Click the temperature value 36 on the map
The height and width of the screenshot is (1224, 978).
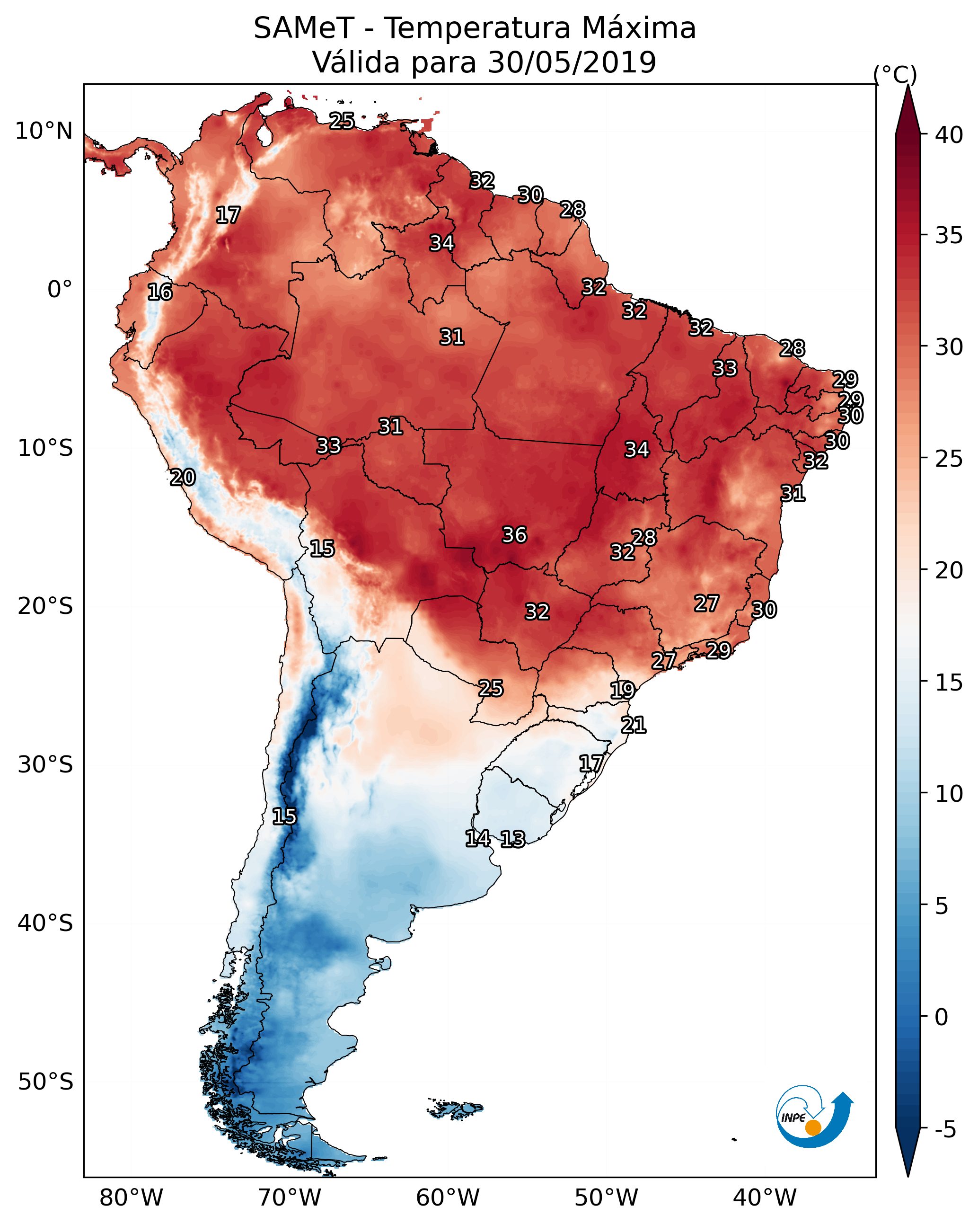(x=514, y=535)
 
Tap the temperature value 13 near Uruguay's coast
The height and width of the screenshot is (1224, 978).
(x=512, y=839)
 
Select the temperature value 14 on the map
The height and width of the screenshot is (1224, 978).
(x=477, y=838)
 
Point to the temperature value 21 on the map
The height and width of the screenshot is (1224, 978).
(x=633, y=725)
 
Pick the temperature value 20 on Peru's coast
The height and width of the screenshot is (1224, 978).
(x=182, y=478)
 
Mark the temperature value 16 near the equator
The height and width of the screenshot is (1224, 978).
(x=159, y=292)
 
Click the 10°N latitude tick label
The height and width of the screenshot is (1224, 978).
(x=44, y=131)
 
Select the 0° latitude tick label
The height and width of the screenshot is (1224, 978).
(x=60, y=290)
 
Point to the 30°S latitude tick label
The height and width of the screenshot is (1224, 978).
(x=45, y=765)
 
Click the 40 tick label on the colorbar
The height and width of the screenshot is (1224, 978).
(x=949, y=135)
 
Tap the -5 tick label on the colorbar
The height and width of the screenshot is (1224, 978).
(x=945, y=1130)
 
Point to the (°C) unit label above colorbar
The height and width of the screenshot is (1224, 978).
(x=895, y=74)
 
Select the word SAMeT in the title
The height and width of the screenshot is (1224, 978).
(x=304, y=28)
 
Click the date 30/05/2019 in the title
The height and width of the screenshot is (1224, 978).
(x=572, y=62)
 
